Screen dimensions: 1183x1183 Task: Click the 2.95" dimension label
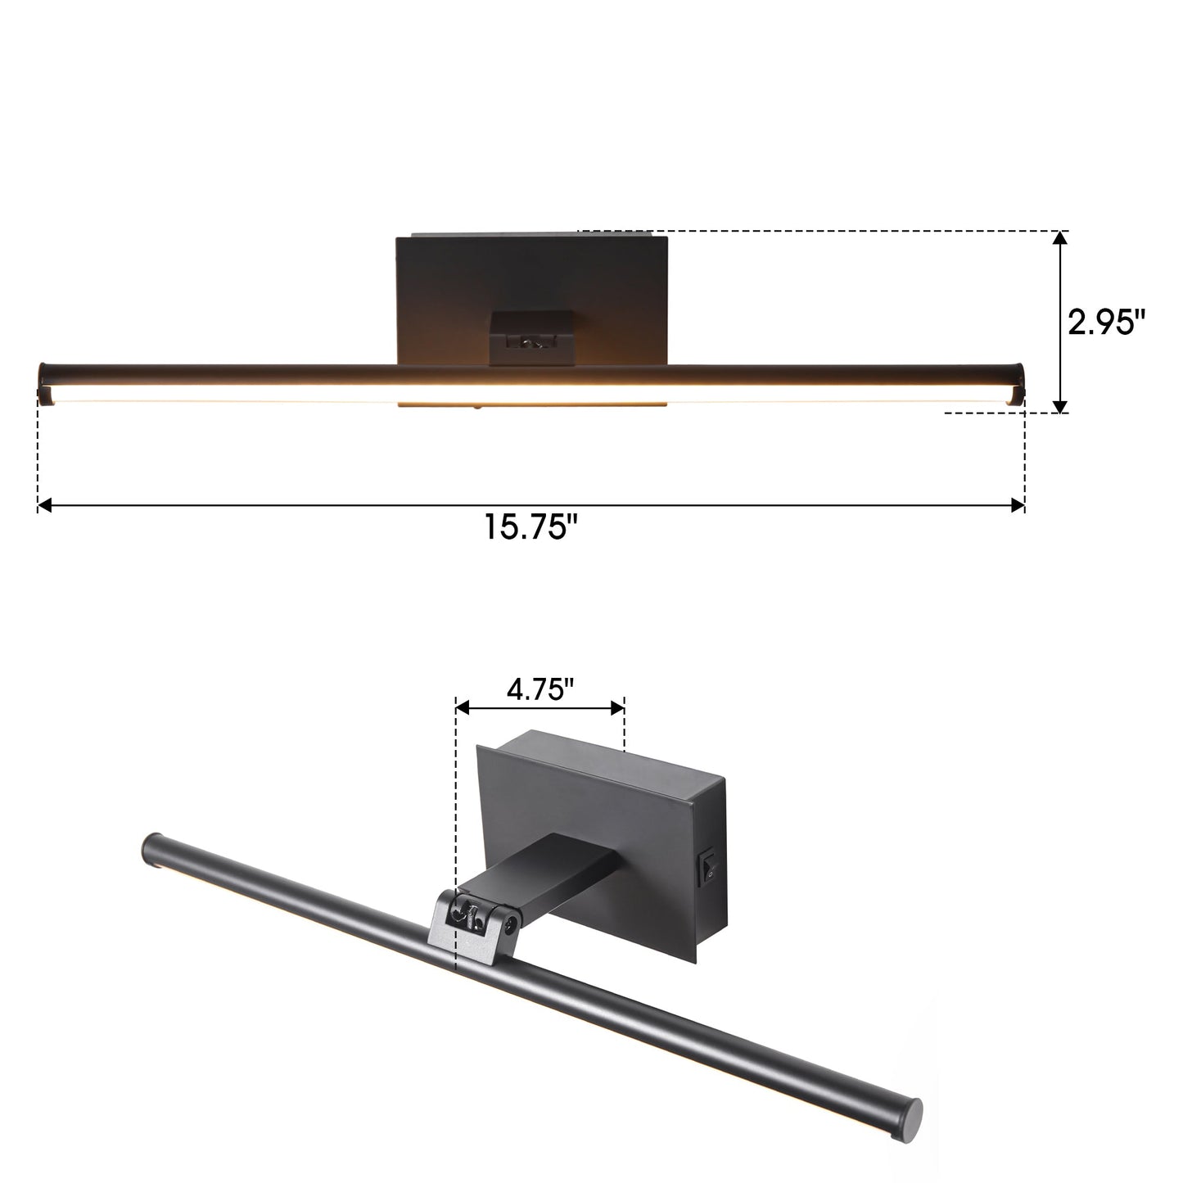(1105, 323)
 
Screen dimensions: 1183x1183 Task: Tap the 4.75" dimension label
(539, 691)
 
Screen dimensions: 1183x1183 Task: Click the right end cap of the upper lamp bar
(1018, 383)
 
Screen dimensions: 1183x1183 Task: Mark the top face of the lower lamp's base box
(606, 761)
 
